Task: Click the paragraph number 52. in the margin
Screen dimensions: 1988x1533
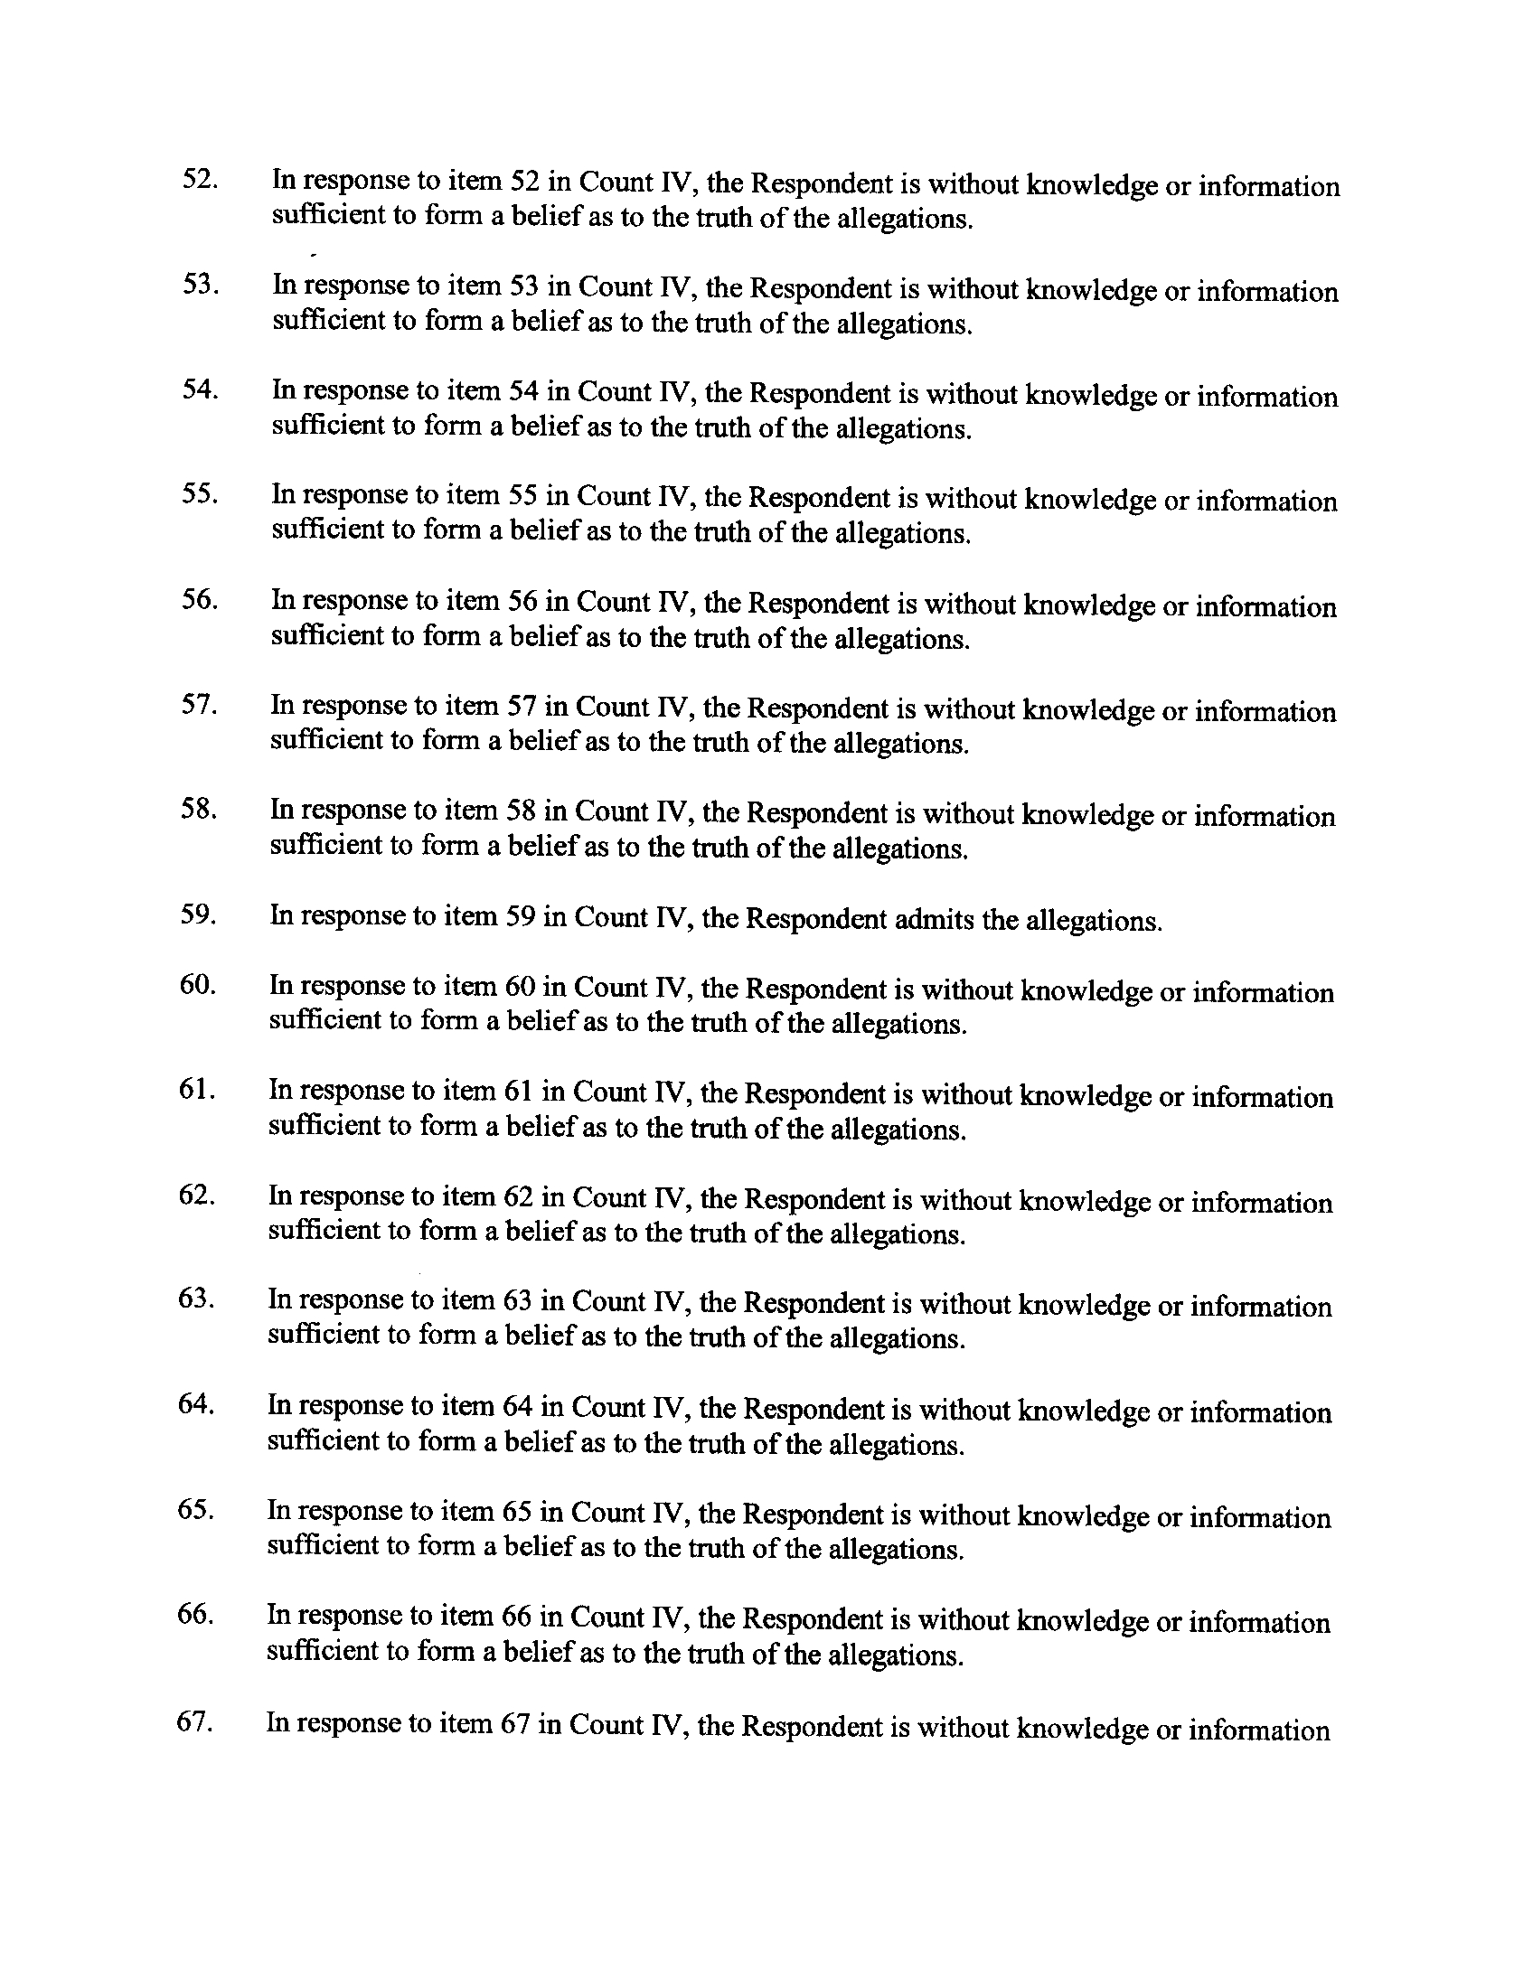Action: [x=200, y=179]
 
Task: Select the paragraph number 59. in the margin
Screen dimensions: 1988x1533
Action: [x=198, y=914]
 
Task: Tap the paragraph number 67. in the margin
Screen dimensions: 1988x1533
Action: [x=195, y=1723]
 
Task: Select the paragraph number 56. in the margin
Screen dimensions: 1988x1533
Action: [x=200, y=600]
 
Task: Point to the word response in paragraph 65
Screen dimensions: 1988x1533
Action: [x=356, y=1514]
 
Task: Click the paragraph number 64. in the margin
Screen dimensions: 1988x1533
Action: [x=196, y=1404]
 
